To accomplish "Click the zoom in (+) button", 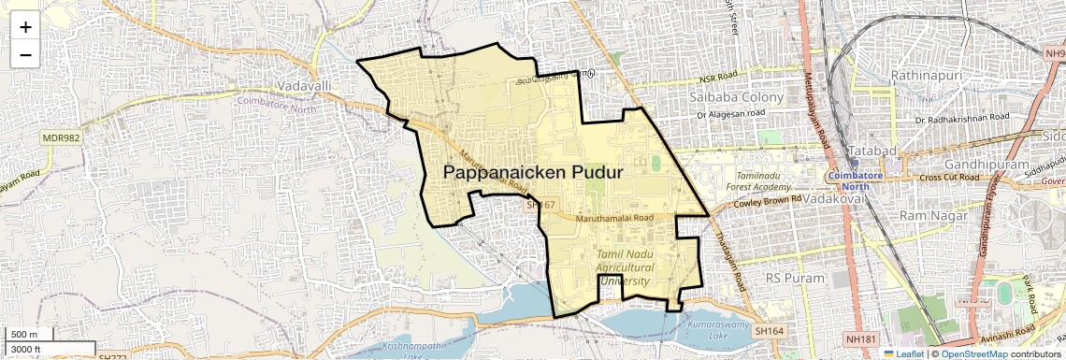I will click(x=25, y=26).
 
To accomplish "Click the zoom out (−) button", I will click(x=25, y=54).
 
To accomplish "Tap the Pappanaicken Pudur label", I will click(x=532, y=173).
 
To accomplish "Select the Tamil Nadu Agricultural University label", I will click(x=627, y=267).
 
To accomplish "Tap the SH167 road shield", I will click(x=540, y=204).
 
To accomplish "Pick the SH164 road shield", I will click(x=770, y=331).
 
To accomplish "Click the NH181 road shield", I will click(x=861, y=338).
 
